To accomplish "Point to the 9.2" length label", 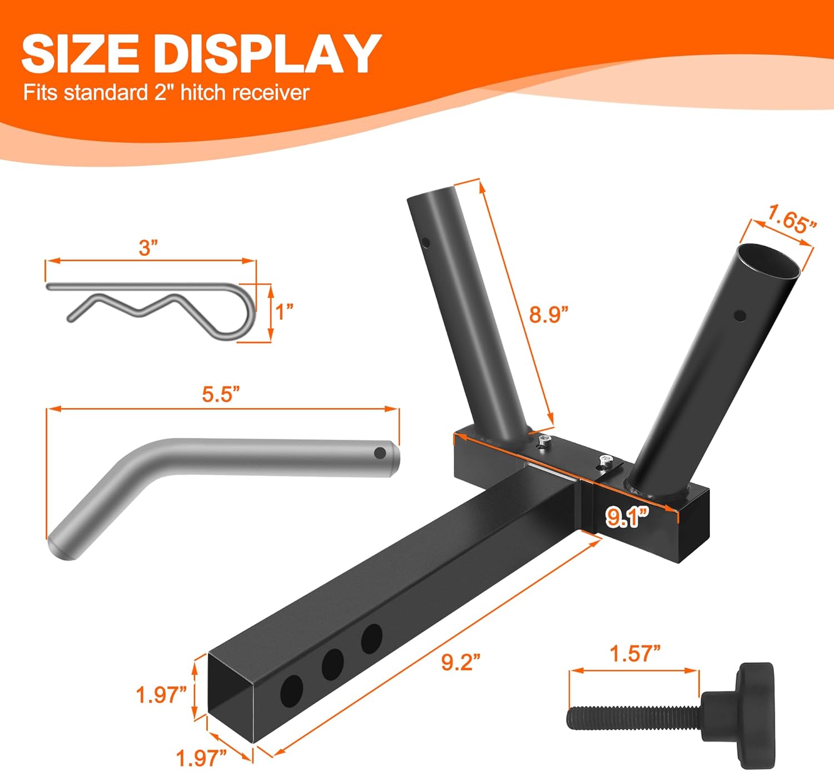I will point(460,662).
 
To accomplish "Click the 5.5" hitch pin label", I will point(221,395).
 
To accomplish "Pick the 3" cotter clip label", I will point(148,247).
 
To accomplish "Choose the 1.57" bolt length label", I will point(635,654).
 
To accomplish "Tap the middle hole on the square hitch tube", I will point(332,664).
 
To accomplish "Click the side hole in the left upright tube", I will point(425,242).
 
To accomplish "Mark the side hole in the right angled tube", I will point(739,316).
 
